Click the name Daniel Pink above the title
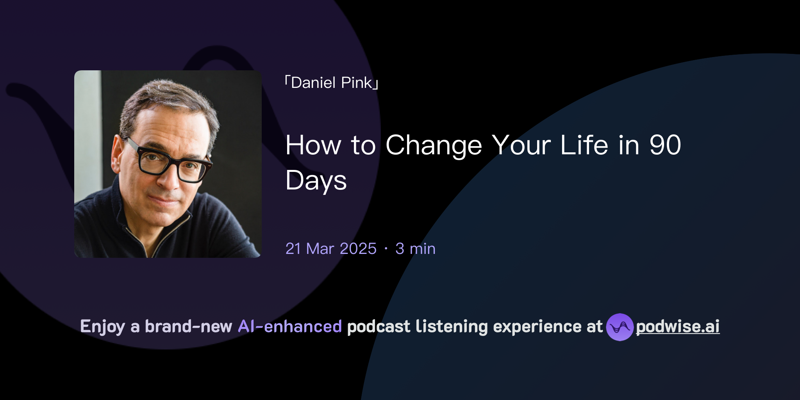[332, 83]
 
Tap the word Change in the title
[434, 145]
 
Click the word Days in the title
[316, 180]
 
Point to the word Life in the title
[584, 145]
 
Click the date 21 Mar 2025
[331, 249]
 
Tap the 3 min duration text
[415, 249]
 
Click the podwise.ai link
[678, 327]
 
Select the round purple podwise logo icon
[620, 327]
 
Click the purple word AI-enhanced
[290, 327]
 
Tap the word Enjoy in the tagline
[102, 327]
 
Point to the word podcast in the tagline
[379, 327]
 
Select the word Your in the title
[521, 145]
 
